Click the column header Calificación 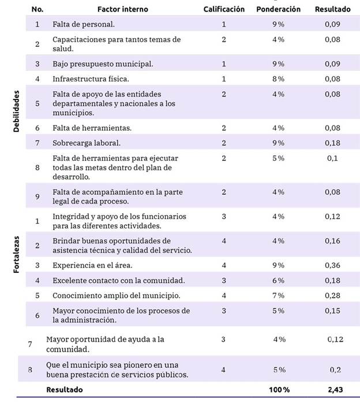click(x=224, y=9)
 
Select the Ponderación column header click(x=278, y=9)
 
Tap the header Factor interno click(x=122, y=9)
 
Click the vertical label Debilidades click(x=17, y=111)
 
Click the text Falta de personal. click(x=83, y=24)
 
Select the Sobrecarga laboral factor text click(x=87, y=142)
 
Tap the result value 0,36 click(x=332, y=265)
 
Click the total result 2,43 click(x=332, y=389)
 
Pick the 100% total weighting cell click(x=278, y=389)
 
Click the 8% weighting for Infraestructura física click(x=278, y=79)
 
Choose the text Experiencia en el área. click(x=92, y=265)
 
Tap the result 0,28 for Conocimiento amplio click(x=332, y=295)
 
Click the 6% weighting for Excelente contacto click(x=278, y=280)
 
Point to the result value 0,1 click(x=332, y=158)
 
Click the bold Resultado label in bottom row click(x=64, y=389)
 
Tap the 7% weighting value click(x=278, y=295)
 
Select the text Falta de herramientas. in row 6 click(x=92, y=127)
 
